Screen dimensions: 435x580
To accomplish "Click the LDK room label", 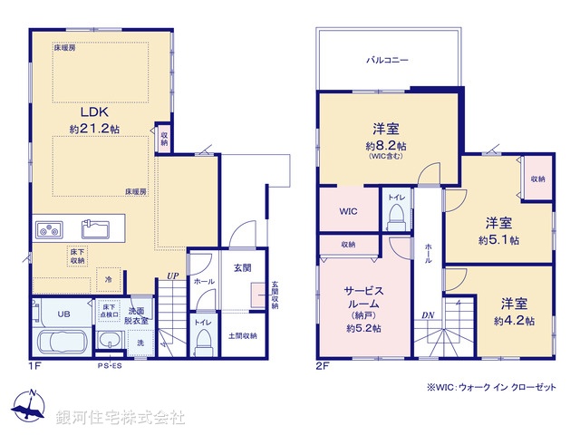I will point(95,112).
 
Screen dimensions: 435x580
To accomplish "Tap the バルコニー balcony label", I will point(387,60).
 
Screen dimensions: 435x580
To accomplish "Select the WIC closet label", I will point(349,211).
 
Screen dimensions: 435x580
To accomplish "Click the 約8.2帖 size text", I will point(386,145).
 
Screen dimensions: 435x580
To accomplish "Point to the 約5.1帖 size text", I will point(499,240).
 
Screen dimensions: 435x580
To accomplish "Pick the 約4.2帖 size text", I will point(513,321).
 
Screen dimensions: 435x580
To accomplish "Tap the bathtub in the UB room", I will point(61,343).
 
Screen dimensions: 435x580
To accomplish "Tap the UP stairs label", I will point(172,278).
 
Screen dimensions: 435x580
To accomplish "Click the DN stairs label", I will point(427,314).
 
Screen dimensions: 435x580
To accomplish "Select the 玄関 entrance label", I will point(242,267).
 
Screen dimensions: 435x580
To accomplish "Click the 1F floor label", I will point(34,367).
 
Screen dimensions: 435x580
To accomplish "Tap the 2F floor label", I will point(324,367).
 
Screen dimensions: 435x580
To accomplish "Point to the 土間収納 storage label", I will point(243,336).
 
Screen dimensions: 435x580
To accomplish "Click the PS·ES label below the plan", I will point(110,367).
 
